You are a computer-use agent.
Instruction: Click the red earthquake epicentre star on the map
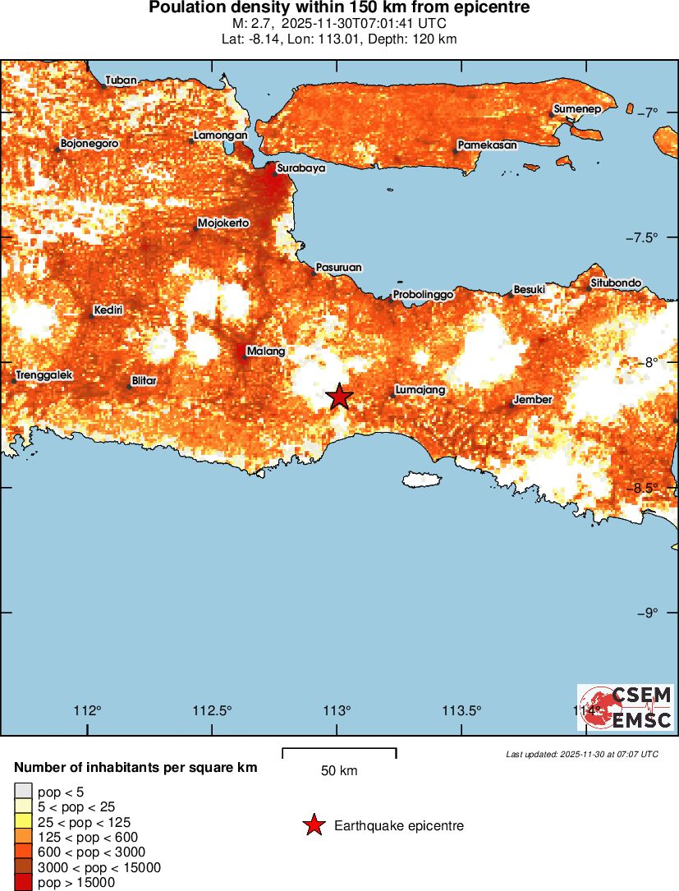tap(339, 397)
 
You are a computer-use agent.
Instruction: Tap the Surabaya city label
tap(301, 168)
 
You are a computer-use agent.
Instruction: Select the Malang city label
tap(266, 351)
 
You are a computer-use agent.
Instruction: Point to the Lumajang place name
tap(420, 390)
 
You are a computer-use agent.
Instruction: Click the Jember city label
tap(533, 400)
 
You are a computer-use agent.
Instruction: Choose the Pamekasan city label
tap(488, 145)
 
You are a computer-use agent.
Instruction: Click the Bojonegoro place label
tap(89, 144)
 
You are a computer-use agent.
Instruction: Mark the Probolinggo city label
tap(424, 294)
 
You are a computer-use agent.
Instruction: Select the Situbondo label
tap(616, 284)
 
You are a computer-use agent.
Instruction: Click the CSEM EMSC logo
tap(626, 707)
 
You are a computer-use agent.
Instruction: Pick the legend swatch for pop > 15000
tap(23, 883)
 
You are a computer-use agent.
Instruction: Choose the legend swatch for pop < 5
tap(23, 792)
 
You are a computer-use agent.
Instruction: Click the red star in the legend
tap(313, 825)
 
